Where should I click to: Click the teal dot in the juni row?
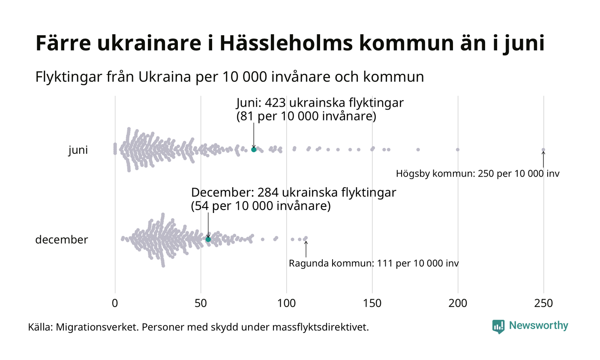254,150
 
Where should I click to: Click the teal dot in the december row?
208,239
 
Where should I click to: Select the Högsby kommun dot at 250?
543,150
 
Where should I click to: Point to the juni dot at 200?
458,150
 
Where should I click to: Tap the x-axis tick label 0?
115,303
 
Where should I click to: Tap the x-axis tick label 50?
201,303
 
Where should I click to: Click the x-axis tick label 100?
286,303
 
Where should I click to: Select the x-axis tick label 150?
372,303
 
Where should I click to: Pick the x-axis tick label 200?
458,303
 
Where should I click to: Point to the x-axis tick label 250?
543,303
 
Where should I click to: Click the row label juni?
78,150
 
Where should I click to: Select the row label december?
61,240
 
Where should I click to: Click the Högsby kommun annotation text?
477,174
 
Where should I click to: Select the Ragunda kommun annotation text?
373,263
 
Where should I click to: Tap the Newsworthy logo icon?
498,326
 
